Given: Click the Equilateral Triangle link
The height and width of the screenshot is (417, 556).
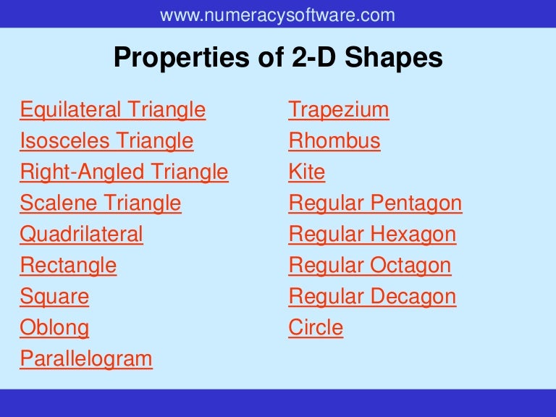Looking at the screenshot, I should (112, 110).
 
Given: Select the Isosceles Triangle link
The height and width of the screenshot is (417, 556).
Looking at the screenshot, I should (106, 140).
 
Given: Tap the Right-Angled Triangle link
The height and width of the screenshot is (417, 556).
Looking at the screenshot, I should (124, 172).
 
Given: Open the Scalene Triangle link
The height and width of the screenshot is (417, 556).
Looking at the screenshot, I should (101, 203).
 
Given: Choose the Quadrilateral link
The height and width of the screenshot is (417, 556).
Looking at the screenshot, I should (81, 235).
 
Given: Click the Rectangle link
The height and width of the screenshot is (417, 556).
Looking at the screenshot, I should (68, 266).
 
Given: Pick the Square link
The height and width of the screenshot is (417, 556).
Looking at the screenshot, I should (54, 297).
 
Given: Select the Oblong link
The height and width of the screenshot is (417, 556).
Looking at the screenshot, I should (54, 328).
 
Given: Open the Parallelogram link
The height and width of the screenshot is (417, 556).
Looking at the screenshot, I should (86, 359).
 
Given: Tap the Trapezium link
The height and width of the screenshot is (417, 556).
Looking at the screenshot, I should (338, 110).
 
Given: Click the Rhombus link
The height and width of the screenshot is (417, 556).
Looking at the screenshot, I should (334, 140).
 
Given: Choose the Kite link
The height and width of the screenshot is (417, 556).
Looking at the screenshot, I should (306, 172).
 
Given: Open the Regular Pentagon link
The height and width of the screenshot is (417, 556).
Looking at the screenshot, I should (375, 203).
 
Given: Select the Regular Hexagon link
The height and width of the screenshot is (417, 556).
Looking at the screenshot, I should (372, 235).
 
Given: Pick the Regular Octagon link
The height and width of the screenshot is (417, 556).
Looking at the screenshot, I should (369, 266).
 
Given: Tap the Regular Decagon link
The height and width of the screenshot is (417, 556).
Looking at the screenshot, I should (372, 297).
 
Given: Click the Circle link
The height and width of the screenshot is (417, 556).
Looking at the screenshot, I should (316, 328).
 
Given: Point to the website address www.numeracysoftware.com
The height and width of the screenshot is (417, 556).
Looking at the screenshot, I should (277, 14).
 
